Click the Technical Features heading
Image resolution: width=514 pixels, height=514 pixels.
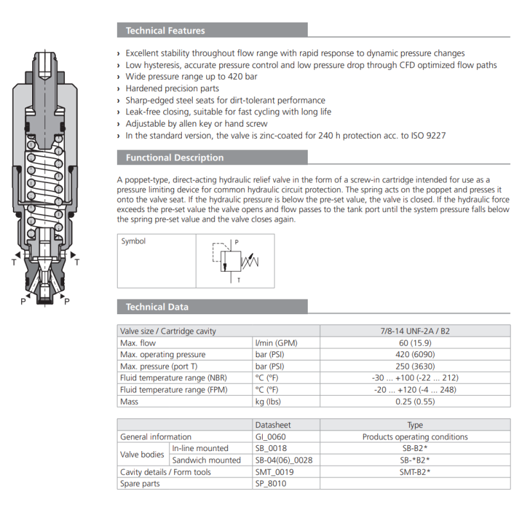(165, 30)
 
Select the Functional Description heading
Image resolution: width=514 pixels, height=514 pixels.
(174, 157)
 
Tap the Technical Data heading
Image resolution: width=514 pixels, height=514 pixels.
(157, 306)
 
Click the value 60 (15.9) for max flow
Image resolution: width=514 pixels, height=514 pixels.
(415, 343)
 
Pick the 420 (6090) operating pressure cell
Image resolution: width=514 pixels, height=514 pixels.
(415, 355)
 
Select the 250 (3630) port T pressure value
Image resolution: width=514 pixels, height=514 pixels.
(415, 366)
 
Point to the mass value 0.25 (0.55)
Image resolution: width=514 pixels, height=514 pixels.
(415, 402)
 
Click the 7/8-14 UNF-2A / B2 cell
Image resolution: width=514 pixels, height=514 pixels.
(415, 332)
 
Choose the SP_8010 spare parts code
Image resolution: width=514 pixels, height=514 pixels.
(270, 483)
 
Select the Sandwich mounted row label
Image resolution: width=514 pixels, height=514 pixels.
(206, 460)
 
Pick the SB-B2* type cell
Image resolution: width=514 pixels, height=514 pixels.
(415, 448)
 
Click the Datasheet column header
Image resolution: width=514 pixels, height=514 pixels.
(273, 425)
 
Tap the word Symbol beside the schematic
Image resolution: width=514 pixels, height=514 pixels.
(134, 242)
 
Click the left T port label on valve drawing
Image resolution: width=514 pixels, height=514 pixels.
(14, 262)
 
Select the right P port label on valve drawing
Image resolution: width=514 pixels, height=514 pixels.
(67, 301)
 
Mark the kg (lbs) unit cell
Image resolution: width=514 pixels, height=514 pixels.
(267, 402)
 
